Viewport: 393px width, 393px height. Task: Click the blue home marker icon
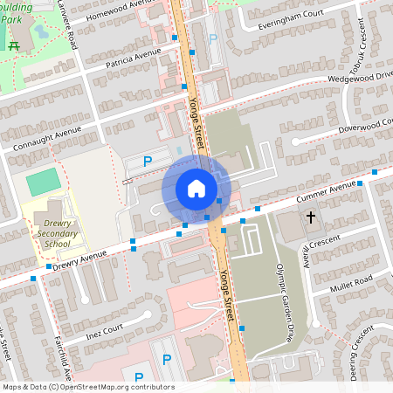click(x=196, y=188)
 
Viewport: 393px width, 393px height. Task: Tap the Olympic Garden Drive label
click(x=286, y=300)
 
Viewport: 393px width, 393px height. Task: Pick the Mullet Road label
click(x=351, y=282)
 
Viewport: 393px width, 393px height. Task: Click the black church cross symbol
click(x=310, y=216)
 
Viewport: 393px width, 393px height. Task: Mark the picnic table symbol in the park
click(x=13, y=46)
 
